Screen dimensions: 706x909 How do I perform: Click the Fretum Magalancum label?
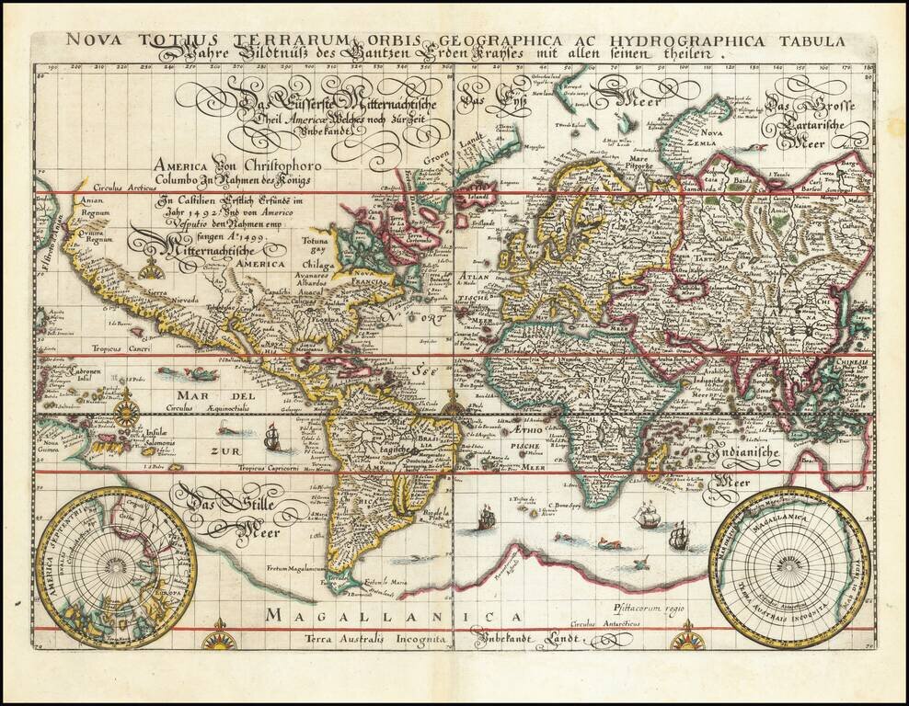(296, 569)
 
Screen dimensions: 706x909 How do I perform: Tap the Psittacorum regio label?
(640, 608)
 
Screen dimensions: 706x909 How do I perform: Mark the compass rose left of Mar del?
(126, 404)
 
